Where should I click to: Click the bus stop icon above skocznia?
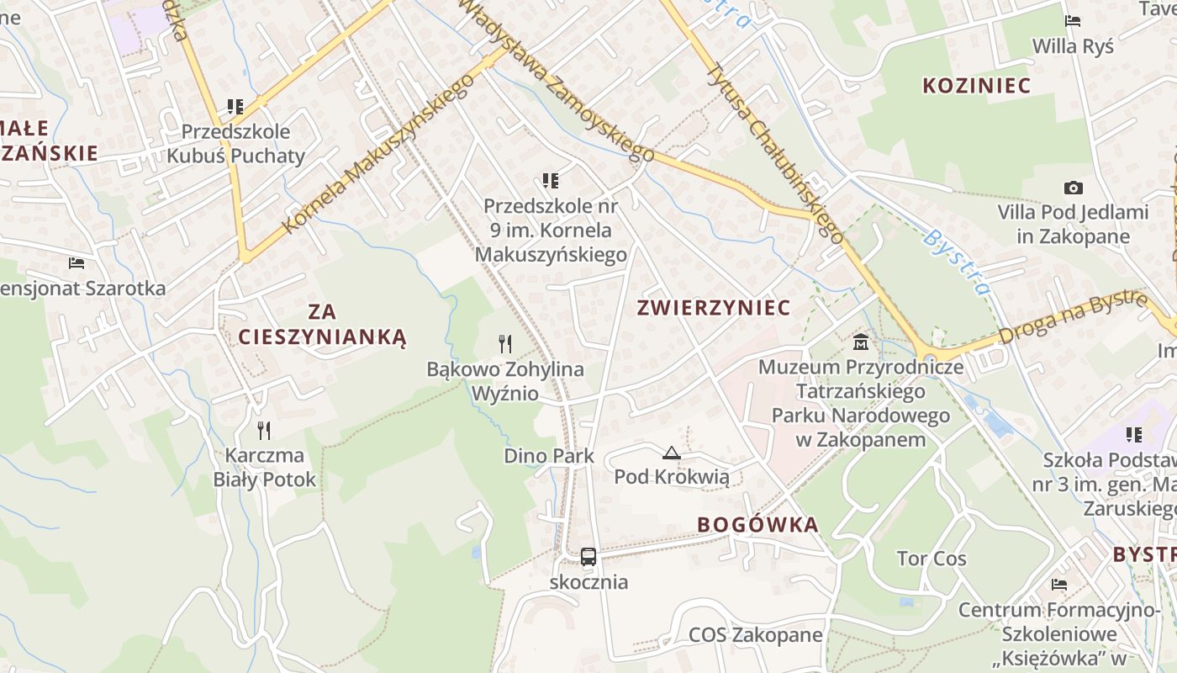click(588, 556)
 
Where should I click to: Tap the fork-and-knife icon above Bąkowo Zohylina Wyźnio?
click(504, 343)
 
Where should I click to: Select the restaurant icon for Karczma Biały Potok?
click(264, 431)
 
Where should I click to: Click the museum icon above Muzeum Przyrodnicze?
click(861, 342)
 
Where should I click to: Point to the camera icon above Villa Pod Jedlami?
click(1073, 188)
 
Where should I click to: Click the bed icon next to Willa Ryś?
click(1072, 21)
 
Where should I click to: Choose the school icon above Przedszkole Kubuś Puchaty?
click(235, 107)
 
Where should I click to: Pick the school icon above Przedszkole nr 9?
click(551, 180)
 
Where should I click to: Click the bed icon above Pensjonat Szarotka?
click(77, 263)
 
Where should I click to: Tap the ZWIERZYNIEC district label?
click(714, 308)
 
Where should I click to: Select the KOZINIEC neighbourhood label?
click(976, 86)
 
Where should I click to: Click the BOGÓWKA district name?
click(757, 525)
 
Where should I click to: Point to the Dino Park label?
click(549, 456)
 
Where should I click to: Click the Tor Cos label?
click(932, 559)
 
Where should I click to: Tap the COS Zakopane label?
click(755, 634)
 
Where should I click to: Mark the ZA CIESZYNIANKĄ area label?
click(322, 325)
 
